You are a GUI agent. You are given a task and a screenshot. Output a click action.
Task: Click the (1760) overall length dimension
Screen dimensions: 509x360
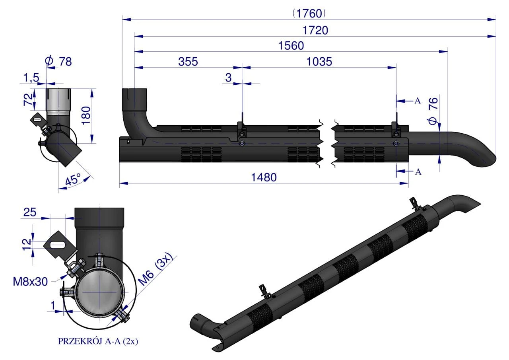[x=309, y=14]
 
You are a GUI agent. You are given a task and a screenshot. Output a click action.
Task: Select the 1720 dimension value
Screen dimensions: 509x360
[x=315, y=31]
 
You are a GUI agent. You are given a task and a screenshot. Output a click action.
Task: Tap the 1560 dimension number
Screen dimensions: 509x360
[x=291, y=46]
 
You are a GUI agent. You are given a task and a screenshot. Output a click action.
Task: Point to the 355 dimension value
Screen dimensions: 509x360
[x=188, y=62]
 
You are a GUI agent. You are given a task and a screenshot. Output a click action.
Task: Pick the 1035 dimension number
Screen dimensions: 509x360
[x=319, y=62]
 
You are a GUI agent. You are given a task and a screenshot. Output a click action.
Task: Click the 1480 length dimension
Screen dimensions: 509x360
[x=264, y=177]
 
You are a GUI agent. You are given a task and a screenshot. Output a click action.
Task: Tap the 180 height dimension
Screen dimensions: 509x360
[x=86, y=115]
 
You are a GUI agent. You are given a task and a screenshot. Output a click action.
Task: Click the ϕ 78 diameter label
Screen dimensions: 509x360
[x=58, y=61]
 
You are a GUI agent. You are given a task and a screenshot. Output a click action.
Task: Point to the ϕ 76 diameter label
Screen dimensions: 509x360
[x=433, y=111]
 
